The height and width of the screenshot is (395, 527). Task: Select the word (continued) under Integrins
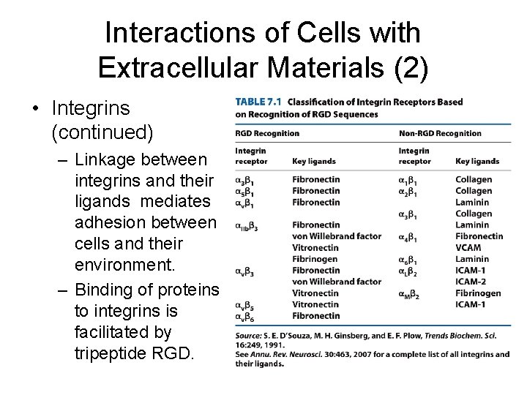[102, 133]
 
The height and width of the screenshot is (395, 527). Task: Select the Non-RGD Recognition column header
[440, 133]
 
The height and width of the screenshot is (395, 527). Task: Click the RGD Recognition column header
[266, 133]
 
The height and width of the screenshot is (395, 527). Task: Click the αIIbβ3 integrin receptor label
[247, 226]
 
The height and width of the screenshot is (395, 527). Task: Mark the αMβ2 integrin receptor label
[411, 293]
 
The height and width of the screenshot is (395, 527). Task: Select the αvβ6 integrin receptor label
[244, 316]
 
